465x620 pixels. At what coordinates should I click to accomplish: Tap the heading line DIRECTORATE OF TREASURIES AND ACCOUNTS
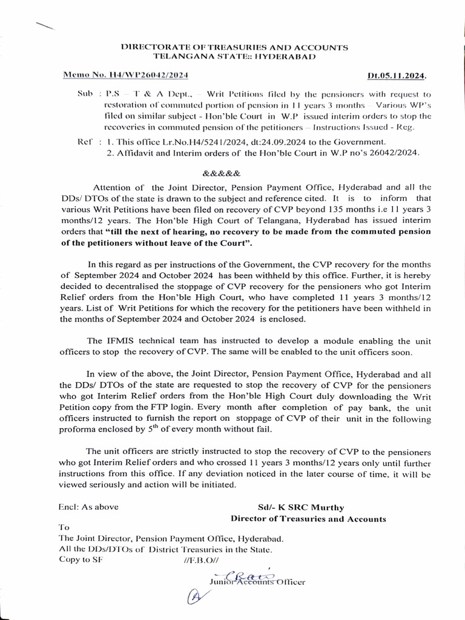point(234,47)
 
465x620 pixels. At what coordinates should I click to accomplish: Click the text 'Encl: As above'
point(88,507)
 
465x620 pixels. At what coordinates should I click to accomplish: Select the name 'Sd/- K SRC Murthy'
point(309,507)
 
